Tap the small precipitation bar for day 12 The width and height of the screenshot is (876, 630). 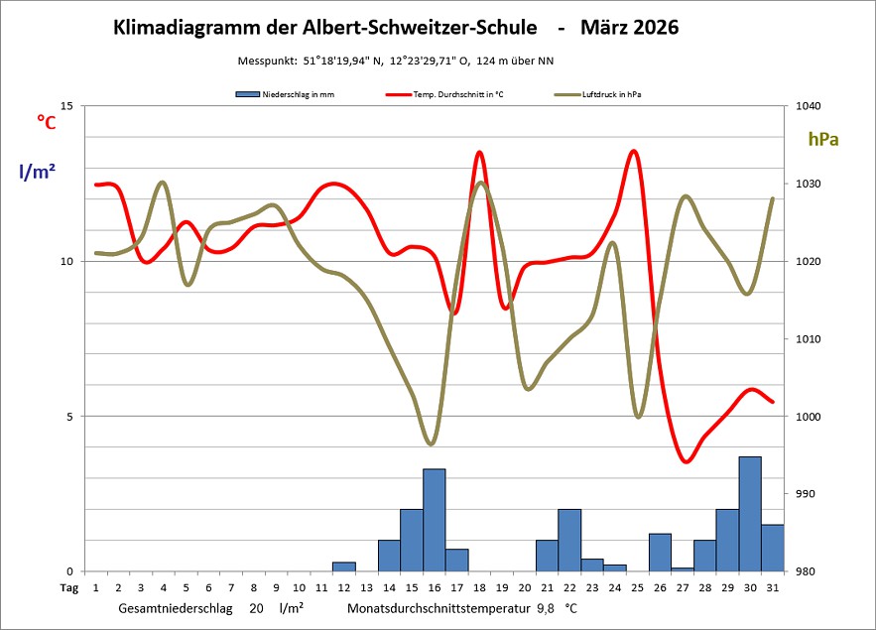tap(344, 567)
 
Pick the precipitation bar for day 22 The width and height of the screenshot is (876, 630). tap(569, 540)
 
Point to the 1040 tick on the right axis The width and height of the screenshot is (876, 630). tap(800, 106)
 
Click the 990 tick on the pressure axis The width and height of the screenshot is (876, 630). tap(798, 494)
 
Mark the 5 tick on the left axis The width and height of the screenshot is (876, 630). tap(69, 417)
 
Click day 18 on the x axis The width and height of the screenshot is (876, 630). tap(480, 587)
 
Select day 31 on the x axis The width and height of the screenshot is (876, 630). tap(773, 587)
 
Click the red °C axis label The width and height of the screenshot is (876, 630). tap(46, 121)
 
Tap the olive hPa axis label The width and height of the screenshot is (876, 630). tap(822, 140)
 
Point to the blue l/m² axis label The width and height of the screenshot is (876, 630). tap(37, 172)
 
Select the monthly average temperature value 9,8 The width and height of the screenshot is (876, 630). tap(546, 606)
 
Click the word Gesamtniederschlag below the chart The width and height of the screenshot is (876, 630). tap(177, 606)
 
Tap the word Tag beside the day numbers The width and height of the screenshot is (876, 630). tap(68, 587)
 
